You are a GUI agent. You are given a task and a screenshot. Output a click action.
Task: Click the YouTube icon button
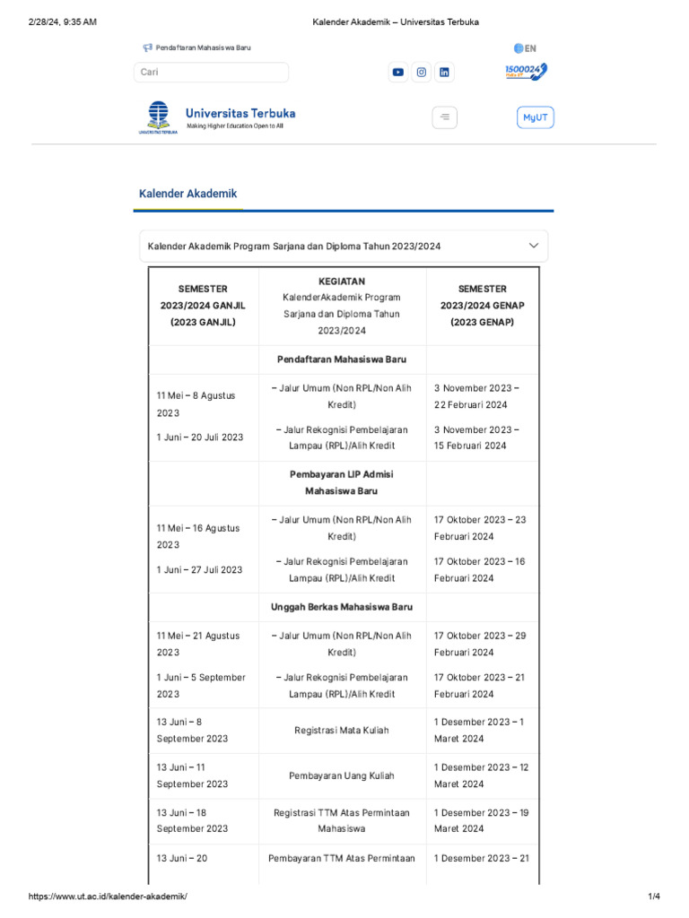point(398,73)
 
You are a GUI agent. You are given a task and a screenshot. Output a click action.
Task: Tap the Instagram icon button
point(421,73)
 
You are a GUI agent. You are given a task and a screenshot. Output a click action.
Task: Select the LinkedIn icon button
point(444,73)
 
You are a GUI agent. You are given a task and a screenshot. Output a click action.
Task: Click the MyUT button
point(535,117)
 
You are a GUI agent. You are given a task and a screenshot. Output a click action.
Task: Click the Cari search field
point(212,73)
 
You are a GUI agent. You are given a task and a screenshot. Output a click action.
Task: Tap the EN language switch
point(525,48)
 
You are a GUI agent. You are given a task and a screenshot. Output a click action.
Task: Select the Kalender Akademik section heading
point(188,194)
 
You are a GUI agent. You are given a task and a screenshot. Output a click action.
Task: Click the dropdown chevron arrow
point(534,246)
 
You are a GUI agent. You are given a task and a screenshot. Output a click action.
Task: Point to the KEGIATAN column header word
point(342,281)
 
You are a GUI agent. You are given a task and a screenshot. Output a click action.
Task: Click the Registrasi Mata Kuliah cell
point(342,731)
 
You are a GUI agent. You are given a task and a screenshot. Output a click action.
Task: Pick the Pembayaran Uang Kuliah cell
point(342,775)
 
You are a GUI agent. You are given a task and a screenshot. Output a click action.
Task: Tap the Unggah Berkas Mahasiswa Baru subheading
point(342,607)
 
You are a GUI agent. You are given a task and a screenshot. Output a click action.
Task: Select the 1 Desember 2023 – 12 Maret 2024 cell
point(482,775)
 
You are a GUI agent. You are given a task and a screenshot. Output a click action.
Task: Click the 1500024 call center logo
point(526,72)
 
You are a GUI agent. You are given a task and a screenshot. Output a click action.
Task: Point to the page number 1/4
point(654,896)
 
